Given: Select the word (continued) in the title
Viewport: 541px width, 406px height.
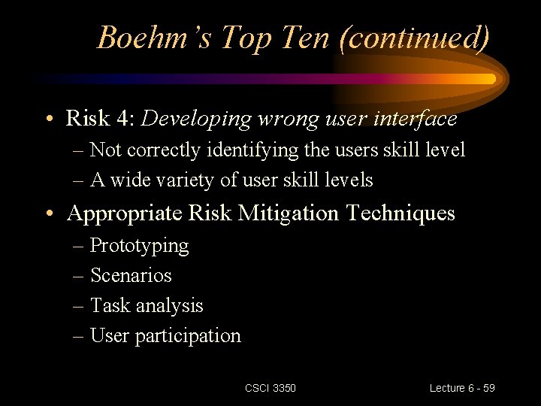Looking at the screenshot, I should coord(415,37).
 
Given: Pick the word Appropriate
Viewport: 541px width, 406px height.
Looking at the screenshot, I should coord(123,214).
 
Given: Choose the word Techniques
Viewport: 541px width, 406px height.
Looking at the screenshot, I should coord(400,214).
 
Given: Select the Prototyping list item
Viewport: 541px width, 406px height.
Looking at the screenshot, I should coord(139,246).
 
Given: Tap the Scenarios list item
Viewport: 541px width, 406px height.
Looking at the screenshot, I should coord(131,276).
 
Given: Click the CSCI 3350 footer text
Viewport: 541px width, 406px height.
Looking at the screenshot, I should coord(270,388).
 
